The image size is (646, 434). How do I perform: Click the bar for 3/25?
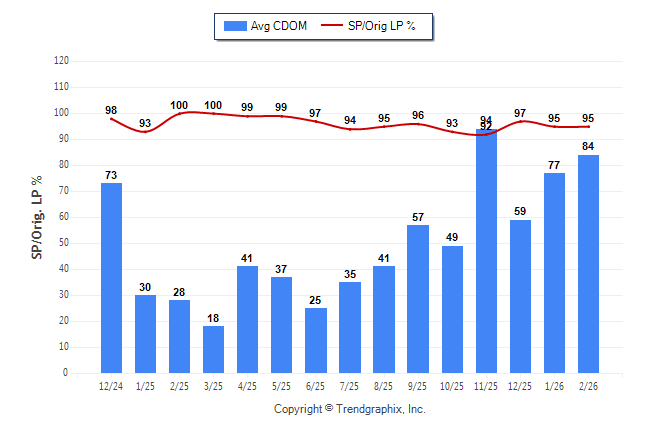tap(213, 349)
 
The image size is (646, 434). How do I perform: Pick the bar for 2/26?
tap(588, 264)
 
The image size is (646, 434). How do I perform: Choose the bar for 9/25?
tap(418, 299)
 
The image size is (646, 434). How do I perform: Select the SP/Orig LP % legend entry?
tap(374, 26)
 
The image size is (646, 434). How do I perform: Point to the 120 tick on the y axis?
tap(61, 60)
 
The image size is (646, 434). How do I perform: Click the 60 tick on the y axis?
tap(63, 217)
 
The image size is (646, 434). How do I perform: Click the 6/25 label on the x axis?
tap(315, 385)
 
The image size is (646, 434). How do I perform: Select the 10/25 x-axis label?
tap(451, 385)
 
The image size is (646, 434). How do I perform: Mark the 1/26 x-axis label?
tap(553, 385)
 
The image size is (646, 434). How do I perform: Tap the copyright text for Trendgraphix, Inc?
tap(350, 409)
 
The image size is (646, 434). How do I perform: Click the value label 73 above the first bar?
tap(111, 175)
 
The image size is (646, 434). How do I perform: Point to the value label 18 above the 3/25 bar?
tap(213, 318)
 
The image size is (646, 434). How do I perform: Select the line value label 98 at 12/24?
tap(111, 110)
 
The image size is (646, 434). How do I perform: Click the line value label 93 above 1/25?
tap(145, 123)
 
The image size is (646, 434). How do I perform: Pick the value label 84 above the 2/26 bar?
tap(588, 147)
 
